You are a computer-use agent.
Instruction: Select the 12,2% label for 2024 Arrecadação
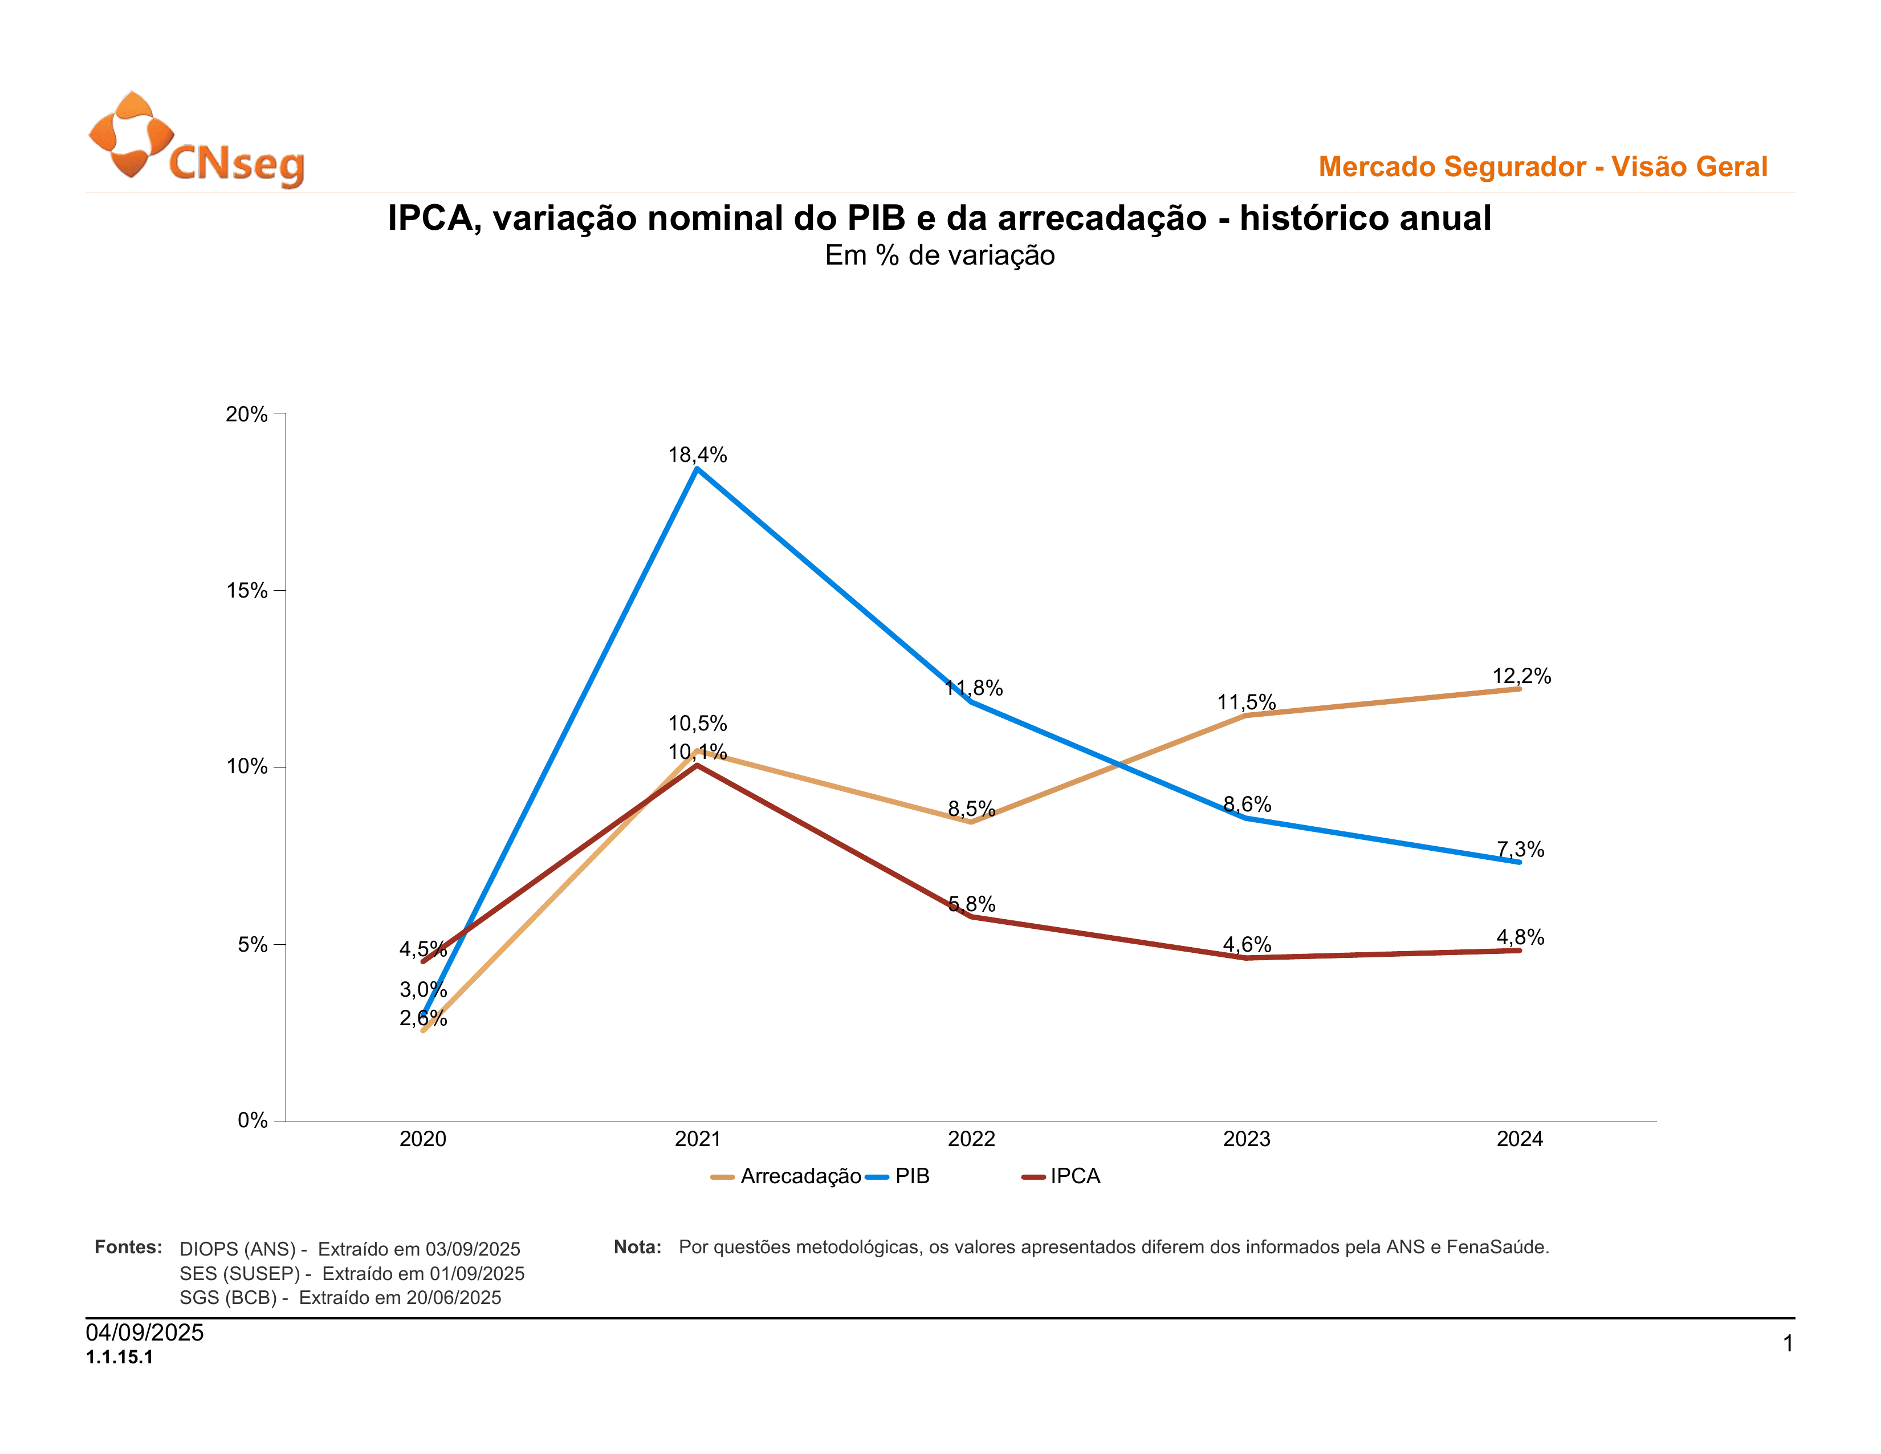1521,676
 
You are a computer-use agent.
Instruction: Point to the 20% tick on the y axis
247,415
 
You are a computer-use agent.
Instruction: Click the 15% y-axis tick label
247,591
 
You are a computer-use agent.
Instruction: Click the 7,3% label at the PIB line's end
1520,850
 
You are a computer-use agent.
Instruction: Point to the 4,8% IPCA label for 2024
1520,937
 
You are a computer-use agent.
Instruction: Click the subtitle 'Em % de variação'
939,256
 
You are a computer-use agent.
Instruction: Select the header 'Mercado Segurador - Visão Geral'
1542,166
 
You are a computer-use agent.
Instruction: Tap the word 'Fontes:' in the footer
128,1247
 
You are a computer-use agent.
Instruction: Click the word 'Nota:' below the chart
637,1247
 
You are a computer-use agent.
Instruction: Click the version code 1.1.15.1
120,1358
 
